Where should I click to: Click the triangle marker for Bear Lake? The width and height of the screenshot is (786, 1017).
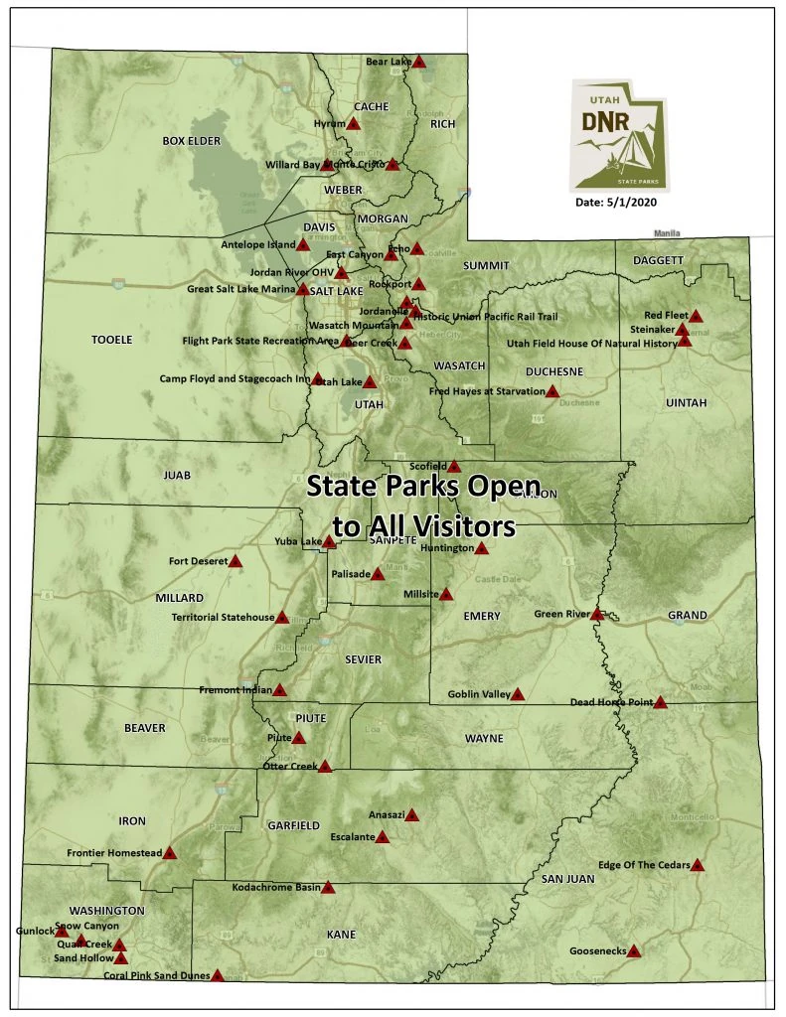pos(419,62)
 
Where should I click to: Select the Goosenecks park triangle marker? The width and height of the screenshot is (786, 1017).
pos(634,950)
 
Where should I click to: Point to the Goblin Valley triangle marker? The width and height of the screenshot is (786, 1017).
pos(517,694)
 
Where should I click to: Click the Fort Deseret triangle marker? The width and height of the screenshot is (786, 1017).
pos(236,561)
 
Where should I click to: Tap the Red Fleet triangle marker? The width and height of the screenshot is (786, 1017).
pos(696,316)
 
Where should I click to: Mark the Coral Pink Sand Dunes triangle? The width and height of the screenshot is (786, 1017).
pos(218,975)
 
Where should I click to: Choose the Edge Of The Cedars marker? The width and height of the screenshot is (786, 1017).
pos(698,865)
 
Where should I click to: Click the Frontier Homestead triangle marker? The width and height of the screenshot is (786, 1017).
pos(170,852)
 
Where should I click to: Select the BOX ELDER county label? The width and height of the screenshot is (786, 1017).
pos(191,141)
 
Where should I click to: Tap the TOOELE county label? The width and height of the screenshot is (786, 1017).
pos(111,340)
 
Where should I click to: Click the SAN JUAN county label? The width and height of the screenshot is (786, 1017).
pos(567,879)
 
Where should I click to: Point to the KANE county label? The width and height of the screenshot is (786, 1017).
pos(341,935)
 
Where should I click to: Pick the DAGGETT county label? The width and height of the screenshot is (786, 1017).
pos(658,260)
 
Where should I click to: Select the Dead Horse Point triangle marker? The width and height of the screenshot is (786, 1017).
pos(660,702)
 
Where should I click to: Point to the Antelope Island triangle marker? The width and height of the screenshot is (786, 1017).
pos(304,244)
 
